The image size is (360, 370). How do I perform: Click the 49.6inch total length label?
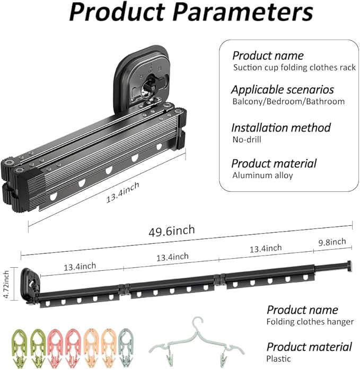[x=172, y=231]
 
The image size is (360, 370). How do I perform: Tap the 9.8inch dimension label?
[x=332, y=242]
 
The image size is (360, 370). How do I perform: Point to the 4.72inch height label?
[x=6, y=284]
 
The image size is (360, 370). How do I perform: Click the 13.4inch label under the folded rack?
[x=122, y=192]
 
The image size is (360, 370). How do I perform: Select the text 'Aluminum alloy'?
[x=262, y=175]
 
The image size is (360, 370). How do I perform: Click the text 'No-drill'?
[x=247, y=139]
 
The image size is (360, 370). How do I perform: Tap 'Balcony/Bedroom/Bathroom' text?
[x=288, y=101]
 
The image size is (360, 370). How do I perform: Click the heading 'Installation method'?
[x=281, y=128]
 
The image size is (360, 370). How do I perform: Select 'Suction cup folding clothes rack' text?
[x=294, y=67]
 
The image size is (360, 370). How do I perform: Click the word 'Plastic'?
[x=278, y=359]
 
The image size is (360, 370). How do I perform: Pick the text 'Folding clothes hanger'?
[x=310, y=322]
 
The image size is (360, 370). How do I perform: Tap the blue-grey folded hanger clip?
[x=126, y=347]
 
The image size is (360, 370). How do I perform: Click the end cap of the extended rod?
[x=349, y=267]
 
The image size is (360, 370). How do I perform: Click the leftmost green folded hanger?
[x=19, y=347]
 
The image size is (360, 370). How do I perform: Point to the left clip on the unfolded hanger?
[x=169, y=358]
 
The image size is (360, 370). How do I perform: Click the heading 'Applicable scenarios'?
[x=283, y=90]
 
